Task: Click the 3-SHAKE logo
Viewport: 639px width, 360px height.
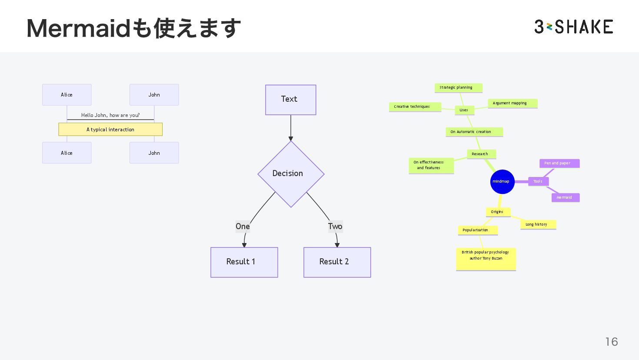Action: tap(573, 27)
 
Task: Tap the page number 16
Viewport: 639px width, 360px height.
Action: tap(611, 342)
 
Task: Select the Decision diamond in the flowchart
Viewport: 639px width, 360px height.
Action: tap(290, 174)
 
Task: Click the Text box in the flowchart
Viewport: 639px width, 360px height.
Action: tap(290, 100)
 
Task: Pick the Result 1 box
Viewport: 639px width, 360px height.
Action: tap(244, 262)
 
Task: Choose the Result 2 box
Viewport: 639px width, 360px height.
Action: tap(337, 262)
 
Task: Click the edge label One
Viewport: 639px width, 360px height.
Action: tap(243, 227)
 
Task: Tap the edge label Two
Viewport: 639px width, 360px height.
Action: tap(335, 227)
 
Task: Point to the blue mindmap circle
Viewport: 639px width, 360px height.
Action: tap(502, 182)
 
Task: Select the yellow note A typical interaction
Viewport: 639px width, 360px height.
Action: tap(110, 130)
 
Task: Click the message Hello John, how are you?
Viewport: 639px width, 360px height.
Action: tap(110, 115)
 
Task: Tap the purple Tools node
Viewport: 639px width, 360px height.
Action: tap(538, 181)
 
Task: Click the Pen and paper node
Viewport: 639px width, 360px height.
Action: tap(559, 163)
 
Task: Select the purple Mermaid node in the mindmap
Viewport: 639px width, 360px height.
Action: tap(565, 197)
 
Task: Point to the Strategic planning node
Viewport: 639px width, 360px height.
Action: tap(458, 88)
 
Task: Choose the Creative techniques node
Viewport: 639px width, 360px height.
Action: tap(414, 107)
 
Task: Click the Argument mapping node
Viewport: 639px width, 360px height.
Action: tap(512, 103)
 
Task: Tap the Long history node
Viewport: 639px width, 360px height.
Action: tap(538, 224)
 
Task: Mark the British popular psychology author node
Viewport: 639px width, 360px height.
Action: tap(486, 259)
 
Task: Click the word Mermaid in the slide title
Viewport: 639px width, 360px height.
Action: tap(78, 28)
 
